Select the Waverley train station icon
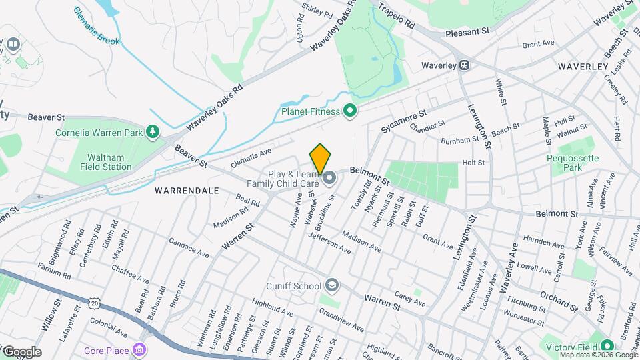[464, 65]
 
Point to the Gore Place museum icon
[139, 350]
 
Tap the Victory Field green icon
[607, 346]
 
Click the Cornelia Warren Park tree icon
[154, 132]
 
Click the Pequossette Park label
[573, 163]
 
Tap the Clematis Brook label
[97, 27]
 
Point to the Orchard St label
[559, 301]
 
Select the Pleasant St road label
[467, 31]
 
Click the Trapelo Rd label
[396, 17]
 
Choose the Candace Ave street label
[189, 248]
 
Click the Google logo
[21, 351]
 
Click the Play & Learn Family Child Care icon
[329, 178]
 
